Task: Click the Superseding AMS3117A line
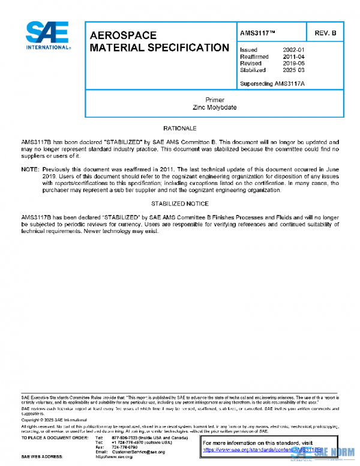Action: pyautogui.click(x=272, y=83)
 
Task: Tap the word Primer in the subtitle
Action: pyautogui.click(x=214, y=100)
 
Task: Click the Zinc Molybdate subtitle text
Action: pyautogui.click(x=214, y=107)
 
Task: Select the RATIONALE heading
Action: pyautogui.click(x=179, y=129)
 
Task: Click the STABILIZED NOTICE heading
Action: pyautogui.click(x=179, y=204)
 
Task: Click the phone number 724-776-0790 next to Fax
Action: pyautogui.click(x=124, y=447)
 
